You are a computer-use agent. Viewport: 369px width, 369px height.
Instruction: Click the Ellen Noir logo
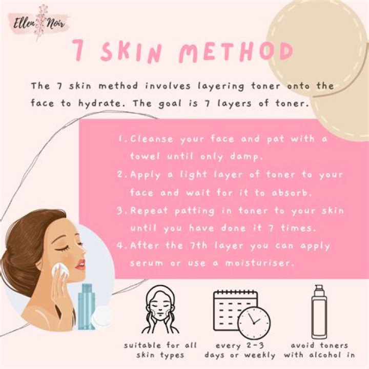pos(39,23)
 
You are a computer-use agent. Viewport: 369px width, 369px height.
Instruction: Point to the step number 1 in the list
pos(121,139)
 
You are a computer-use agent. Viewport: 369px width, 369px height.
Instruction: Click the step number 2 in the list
pos(120,175)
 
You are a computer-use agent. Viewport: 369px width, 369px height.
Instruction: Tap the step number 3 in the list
pos(120,211)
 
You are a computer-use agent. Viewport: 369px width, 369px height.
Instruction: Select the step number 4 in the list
pos(120,246)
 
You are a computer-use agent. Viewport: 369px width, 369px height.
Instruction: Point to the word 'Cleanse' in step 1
pos(152,139)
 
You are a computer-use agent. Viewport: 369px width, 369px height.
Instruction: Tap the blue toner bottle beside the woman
pos(87,306)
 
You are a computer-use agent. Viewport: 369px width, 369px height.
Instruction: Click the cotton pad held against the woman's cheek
pos(60,271)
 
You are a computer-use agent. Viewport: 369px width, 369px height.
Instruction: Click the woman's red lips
pos(80,264)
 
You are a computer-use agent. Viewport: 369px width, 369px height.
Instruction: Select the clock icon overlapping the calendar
pos(254,322)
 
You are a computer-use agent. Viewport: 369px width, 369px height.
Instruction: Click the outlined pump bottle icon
pos(319,312)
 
